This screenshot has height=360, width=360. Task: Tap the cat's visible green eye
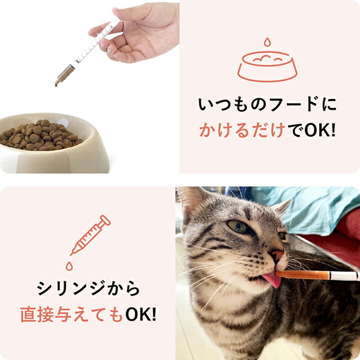(238, 227)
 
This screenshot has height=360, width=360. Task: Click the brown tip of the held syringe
(62, 77)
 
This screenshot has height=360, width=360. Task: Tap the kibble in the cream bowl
(40, 135)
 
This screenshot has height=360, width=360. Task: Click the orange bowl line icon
(267, 65)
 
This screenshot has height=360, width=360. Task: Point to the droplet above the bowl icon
(267, 42)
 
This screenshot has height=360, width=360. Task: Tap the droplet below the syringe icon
(70, 265)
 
